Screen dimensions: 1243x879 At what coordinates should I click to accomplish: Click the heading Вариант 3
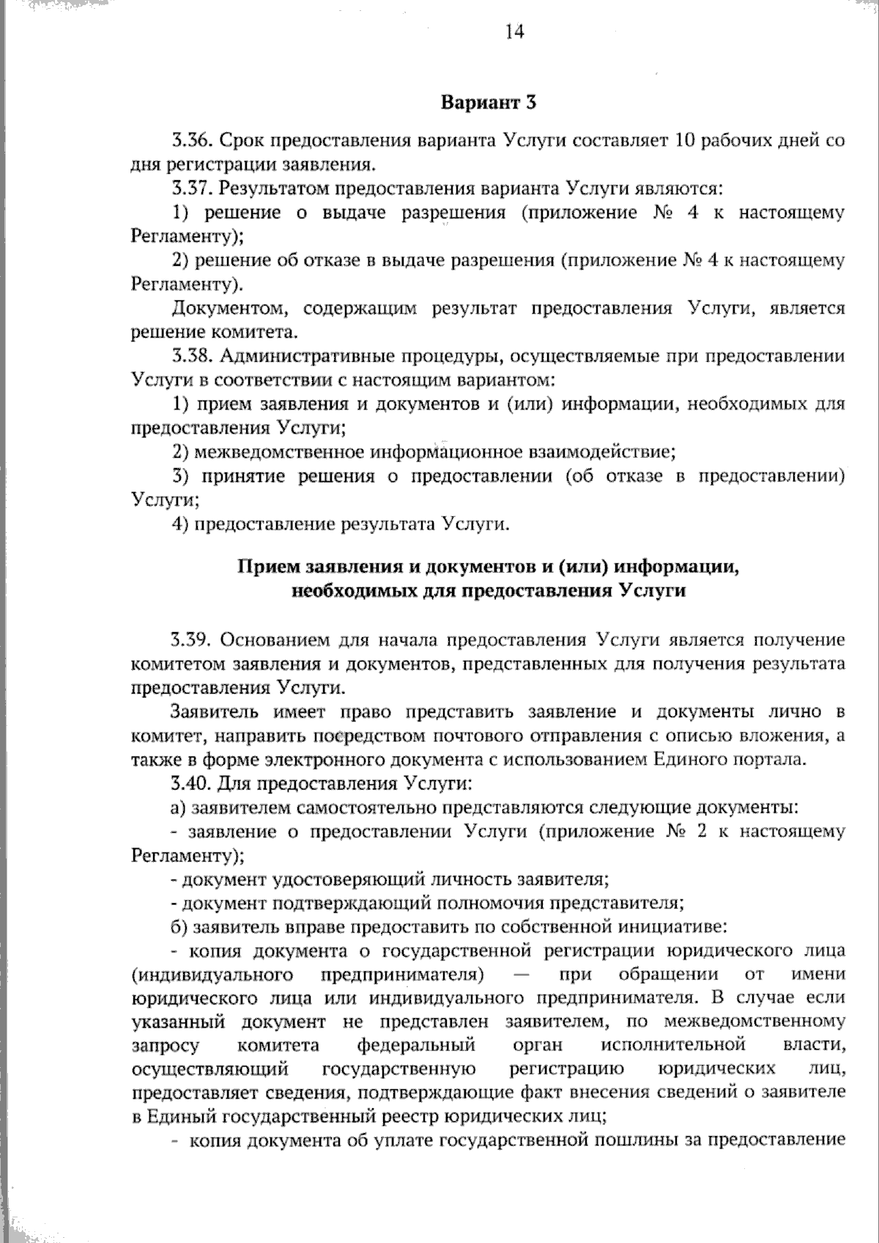click(489, 103)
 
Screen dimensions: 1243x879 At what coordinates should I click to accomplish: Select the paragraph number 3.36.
click(192, 140)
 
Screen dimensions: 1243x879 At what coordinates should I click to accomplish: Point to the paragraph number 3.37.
click(192, 188)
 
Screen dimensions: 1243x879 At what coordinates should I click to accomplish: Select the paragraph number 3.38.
click(192, 357)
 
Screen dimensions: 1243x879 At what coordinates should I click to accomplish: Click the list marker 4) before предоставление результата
click(181, 524)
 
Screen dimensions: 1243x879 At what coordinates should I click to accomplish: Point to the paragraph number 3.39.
click(191, 639)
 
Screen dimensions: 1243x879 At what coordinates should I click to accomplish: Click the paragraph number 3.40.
click(191, 783)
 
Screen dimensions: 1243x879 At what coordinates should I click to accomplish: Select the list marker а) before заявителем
click(179, 808)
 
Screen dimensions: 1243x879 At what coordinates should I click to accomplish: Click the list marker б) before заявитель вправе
click(179, 927)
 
